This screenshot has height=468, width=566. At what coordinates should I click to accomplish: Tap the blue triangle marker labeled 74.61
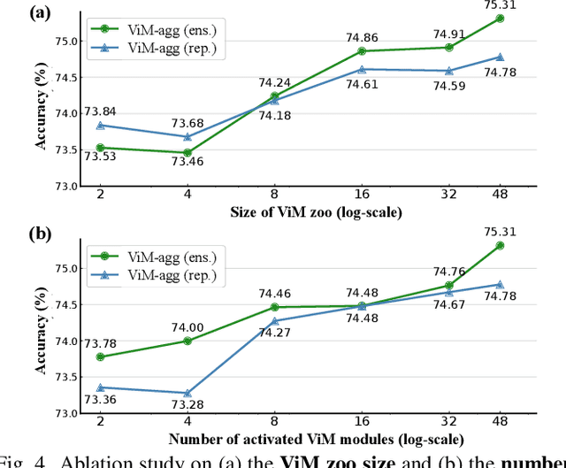click(x=363, y=69)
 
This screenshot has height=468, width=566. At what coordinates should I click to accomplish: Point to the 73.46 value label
click(x=187, y=163)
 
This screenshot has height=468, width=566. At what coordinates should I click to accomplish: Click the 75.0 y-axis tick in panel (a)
click(x=65, y=41)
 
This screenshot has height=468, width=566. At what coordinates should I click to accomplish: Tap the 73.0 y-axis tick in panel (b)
click(x=65, y=413)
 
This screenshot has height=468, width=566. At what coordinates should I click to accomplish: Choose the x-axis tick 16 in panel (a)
click(x=363, y=193)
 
